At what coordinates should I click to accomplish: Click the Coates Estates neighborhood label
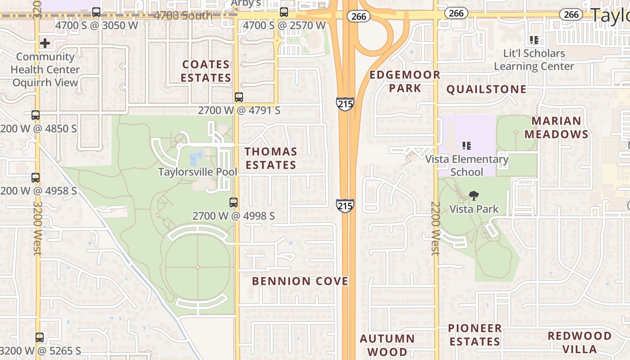[x=206, y=71]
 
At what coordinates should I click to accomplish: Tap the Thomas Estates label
[x=271, y=158]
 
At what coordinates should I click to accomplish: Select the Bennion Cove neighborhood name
[x=300, y=281]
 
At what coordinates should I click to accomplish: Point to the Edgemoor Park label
[x=405, y=81]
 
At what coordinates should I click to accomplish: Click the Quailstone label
[x=486, y=90]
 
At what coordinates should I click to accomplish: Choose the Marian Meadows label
[x=556, y=127]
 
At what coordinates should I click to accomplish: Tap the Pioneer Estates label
[x=475, y=335]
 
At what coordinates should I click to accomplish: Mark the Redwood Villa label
[x=580, y=342]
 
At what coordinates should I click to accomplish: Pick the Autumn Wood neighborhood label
[x=387, y=345]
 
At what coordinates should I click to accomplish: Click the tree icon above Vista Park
[x=473, y=196]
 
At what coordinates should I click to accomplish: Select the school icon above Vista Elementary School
[x=467, y=146]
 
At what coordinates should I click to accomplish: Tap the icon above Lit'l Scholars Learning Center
[x=534, y=40]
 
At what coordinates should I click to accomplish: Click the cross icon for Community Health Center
[x=45, y=43]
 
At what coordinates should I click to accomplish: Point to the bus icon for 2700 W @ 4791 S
[x=239, y=97]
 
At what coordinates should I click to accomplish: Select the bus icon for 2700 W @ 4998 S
[x=233, y=202]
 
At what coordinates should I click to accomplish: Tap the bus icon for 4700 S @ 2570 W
[x=284, y=12]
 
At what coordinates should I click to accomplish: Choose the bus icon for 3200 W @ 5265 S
[x=40, y=337]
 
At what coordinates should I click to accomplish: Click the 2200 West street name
[x=435, y=229]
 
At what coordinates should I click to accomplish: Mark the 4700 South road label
[x=183, y=16]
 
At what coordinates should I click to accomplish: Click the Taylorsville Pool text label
[x=198, y=172]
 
